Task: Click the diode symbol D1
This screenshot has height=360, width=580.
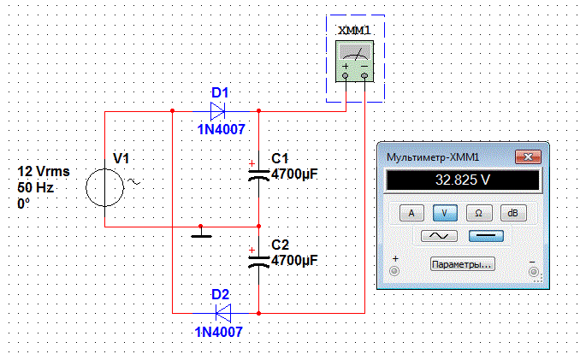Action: (217, 110)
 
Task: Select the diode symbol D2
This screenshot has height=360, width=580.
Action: (222, 311)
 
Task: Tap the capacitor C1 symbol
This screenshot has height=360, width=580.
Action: (258, 174)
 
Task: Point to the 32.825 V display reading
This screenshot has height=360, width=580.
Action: (463, 180)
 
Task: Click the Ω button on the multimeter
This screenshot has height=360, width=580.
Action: (478, 212)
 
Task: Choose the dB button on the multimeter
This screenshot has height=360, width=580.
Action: (512, 212)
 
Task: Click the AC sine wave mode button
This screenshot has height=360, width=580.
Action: (439, 236)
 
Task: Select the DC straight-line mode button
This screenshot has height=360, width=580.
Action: (485, 236)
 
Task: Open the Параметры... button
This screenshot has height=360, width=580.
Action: (462, 264)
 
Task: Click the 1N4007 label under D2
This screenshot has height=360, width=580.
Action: (219, 332)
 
